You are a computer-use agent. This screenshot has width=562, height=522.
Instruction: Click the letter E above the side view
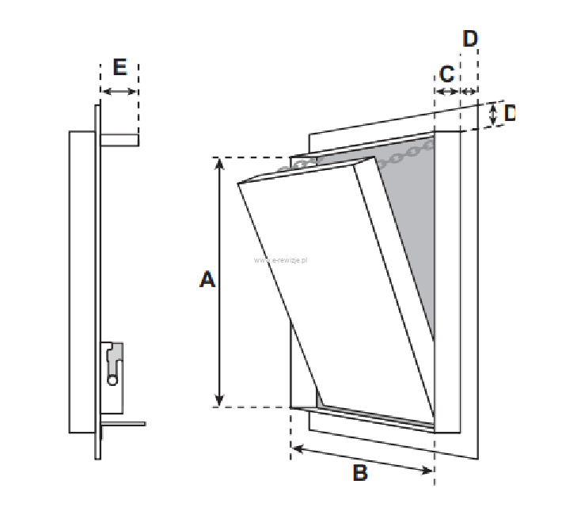120,67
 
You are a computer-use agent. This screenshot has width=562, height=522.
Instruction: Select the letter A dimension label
207,279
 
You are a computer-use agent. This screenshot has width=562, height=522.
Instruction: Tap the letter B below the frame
360,474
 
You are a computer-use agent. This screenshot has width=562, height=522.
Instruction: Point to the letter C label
446,74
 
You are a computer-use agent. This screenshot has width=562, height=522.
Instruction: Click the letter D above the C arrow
470,39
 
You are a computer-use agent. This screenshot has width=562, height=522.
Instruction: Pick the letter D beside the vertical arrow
509,113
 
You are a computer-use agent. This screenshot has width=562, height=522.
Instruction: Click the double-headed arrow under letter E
120,92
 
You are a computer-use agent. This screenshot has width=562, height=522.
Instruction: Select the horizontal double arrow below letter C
447,92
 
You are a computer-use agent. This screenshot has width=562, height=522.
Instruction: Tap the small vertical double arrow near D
493,115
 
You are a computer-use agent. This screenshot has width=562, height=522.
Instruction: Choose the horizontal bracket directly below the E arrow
120,140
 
